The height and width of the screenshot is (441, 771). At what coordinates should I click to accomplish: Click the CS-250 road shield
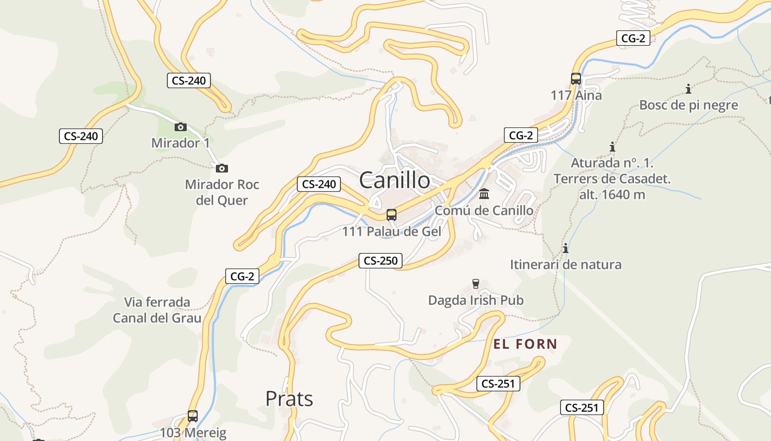pyautogui.click(x=381, y=261)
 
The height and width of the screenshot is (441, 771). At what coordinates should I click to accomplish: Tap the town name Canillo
pyautogui.click(x=394, y=180)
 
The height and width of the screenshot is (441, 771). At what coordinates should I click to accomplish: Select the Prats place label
pyautogui.click(x=289, y=399)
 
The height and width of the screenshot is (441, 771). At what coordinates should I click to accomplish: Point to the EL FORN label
pyautogui.click(x=525, y=345)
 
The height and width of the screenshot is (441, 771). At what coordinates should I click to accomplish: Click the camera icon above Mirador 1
pyautogui.click(x=180, y=127)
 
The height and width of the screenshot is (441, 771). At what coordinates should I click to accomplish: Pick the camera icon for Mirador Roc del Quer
pyautogui.click(x=222, y=168)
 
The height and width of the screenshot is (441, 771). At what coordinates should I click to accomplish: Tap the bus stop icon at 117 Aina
pyautogui.click(x=576, y=79)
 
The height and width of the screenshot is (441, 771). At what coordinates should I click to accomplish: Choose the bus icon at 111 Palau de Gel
pyautogui.click(x=392, y=215)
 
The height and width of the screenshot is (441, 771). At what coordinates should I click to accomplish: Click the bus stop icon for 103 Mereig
pyautogui.click(x=193, y=416)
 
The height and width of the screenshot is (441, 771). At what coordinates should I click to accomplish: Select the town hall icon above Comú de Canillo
pyautogui.click(x=484, y=194)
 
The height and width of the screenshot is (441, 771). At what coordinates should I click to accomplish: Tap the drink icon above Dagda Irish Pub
pyautogui.click(x=476, y=284)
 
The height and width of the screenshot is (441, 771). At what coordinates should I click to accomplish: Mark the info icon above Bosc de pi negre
pyautogui.click(x=688, y=89)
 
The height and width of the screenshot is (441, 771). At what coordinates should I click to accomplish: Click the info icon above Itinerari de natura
pyautogui.click(x=565, y=248)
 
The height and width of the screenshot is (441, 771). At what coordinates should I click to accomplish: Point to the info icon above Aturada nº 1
pyautogui.click(x=612, y=147)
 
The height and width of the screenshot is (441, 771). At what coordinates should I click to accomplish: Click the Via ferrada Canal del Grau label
pyautogui.click(x=157, y=310)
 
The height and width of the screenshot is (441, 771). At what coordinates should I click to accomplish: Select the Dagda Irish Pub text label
pyautogui.click(x=476, y=300)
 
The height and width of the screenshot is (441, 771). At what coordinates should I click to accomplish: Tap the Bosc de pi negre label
pyautogui.click(x=688, y=105)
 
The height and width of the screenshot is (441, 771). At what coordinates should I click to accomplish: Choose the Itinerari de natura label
pyautogui.click(x=566, y=265)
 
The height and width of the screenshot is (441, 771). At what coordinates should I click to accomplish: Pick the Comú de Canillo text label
pyautogui.click(x=484, y=211)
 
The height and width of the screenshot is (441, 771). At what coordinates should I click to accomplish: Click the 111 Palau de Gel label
pyautogui.click(x=392, y=232)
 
